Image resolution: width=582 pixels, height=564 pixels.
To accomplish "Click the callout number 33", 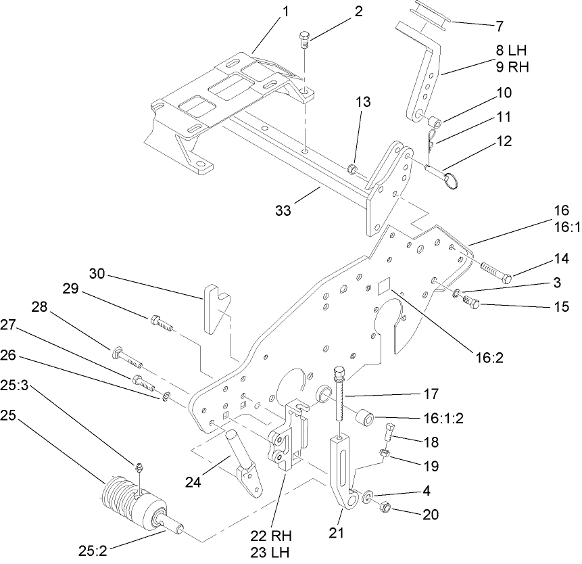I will (283, 210).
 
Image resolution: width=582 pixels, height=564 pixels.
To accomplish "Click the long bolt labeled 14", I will (496, 269).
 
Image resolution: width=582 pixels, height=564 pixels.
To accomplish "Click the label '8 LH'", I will (510, 50).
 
